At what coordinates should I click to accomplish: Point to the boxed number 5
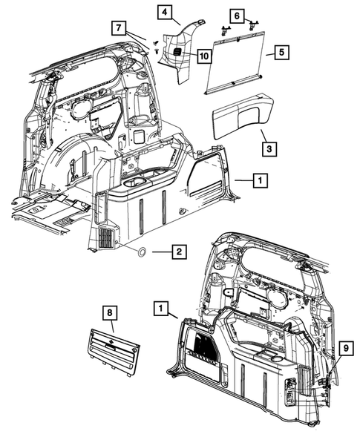[x=281, y=53]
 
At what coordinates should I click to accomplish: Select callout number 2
[x=177, y=253]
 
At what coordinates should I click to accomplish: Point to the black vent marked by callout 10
[x=179, y=51]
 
